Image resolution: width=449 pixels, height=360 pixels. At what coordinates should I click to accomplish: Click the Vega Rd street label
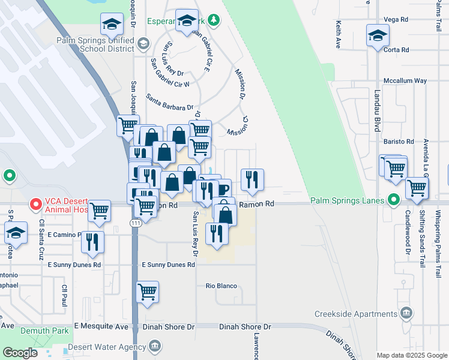pyautogui.click(x=396, y=20)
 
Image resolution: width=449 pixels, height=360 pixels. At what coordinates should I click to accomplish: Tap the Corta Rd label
pyautogui.click(x=397, y=50)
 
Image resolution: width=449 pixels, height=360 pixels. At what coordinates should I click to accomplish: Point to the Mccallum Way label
pyautogui.click(x=405, y=80)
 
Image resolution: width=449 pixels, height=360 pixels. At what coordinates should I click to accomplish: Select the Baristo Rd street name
pyautogui.click(x=399, y=142)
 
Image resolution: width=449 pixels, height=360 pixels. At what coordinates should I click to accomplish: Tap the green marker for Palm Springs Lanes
pyautogui.click(x=394, y=199)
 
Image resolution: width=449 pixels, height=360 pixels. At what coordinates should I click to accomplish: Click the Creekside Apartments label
pyautogui.click(x=355, y=314)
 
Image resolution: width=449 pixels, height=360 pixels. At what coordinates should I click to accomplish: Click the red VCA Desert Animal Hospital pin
pyautogui.click(x=35, y=205)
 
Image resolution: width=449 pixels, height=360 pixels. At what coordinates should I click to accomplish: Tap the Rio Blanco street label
pyautogui.click(x=221, y=286)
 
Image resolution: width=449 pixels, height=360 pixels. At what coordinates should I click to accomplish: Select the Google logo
pyautogui.click(x=20, y=353)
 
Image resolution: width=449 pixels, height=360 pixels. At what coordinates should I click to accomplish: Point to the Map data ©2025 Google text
pyautogui.click(x=412, y=355)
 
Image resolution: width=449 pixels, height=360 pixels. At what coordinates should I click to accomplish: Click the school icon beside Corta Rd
pyautogui.click(x=378, y=35)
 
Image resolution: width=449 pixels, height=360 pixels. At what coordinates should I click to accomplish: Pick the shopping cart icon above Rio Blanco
pyautogui.click(x=147, y=292)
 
